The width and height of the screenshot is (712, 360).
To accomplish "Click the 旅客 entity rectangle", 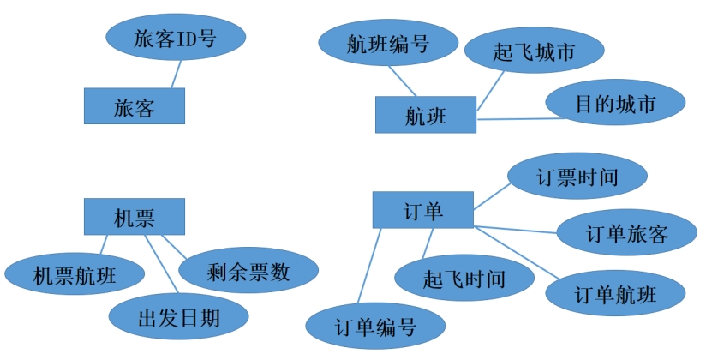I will click(x=135, y=106).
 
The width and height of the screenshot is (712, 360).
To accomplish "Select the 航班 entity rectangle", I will click(x=425, y=115).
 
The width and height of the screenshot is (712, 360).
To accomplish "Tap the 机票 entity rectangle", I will click(x=134, y=216).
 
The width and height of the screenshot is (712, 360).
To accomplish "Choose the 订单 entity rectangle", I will click(x=422, y=210).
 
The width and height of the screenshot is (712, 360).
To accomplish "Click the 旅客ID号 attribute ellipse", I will click(x=176, y=38).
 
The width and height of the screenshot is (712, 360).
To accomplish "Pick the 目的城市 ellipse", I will click(x=615, y=103).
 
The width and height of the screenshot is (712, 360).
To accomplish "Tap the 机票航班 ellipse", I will click(x=74, y=274).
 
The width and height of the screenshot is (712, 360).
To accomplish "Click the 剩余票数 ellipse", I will click(x=248, y=272).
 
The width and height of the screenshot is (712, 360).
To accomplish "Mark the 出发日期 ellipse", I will click(x=178, y=317).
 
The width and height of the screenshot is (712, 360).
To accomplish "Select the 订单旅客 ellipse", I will click(x=626, y=233).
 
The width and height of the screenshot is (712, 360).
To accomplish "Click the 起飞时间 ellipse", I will click(x=464, y=279).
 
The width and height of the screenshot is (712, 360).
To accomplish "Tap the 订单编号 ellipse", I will click(x=375, y=326).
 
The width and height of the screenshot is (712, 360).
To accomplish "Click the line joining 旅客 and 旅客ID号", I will click(x=177, y=75).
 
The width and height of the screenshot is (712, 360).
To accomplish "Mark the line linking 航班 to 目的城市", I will click(x=512, y=118).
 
